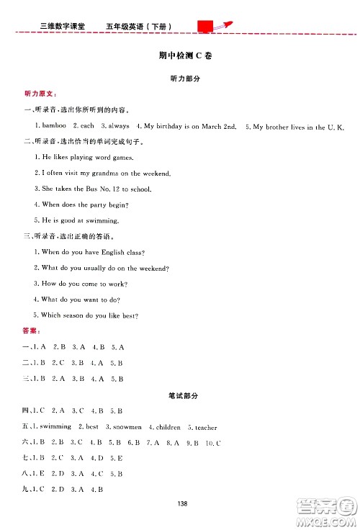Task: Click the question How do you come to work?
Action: (80, 284)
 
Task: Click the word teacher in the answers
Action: (203, 427)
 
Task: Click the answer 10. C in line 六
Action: (212, 442)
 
